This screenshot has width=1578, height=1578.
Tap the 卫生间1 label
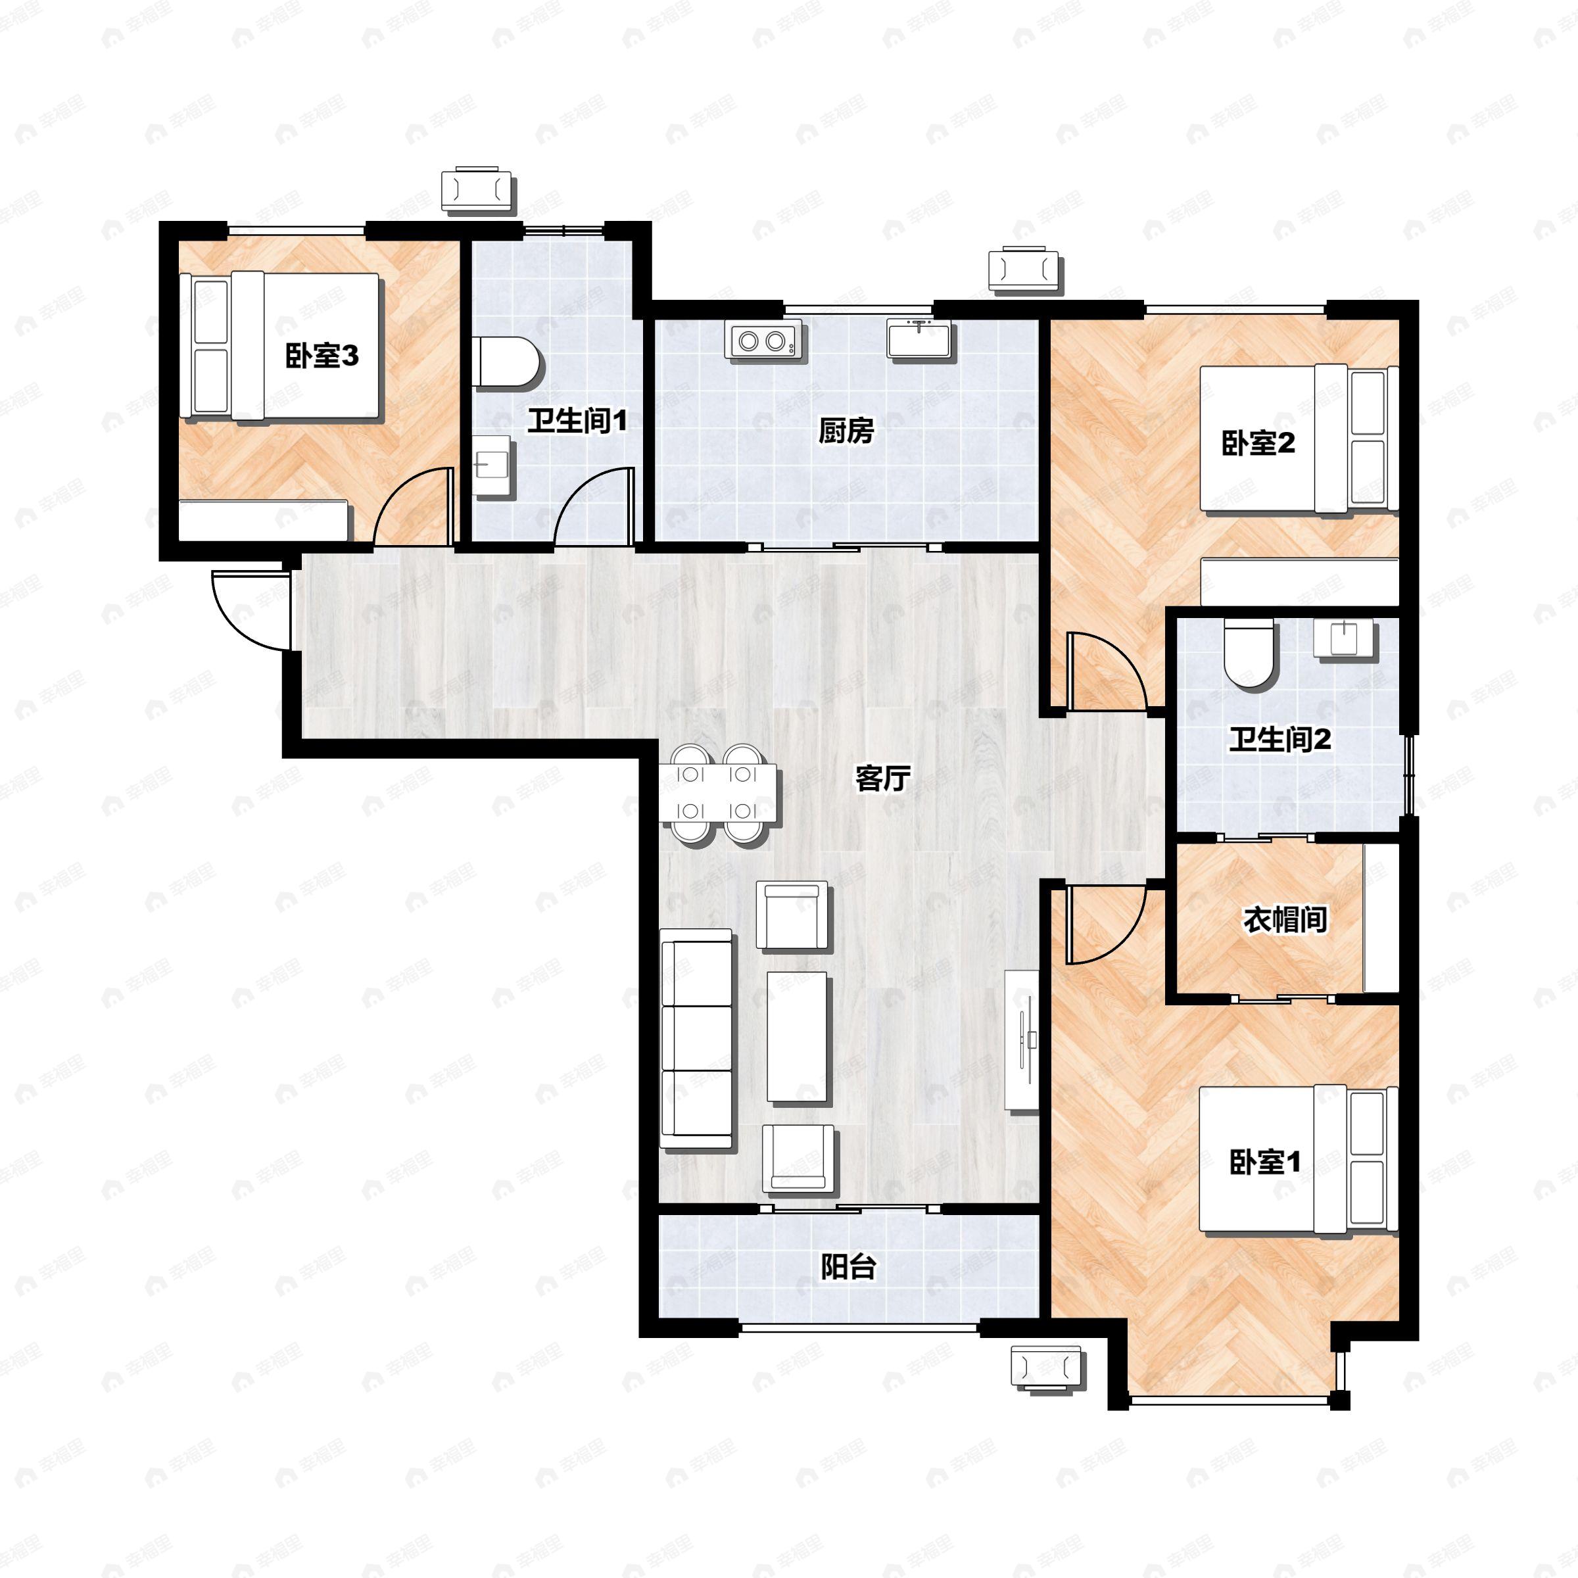(x=577, y=421)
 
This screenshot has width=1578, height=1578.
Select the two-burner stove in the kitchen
(x=763, y=340)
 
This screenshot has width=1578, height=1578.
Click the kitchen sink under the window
(x=920, y=339)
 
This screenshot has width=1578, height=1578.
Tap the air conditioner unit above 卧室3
(x=478, y=190)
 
